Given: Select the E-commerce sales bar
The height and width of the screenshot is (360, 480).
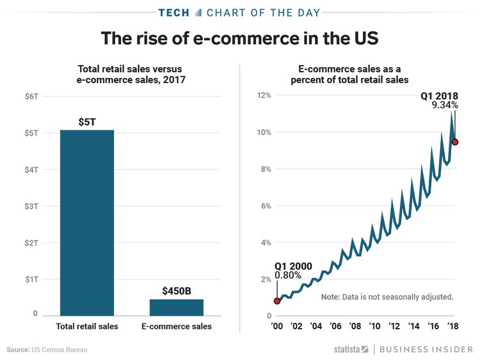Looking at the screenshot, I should coord(176,307).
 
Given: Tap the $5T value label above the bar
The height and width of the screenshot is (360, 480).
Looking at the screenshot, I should coord(87,121).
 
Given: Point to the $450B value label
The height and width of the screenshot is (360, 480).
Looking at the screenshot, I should coord(176,291).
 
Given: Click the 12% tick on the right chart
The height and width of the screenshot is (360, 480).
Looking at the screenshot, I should coord(264,96).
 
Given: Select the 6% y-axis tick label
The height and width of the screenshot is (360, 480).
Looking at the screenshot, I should coord(265,206).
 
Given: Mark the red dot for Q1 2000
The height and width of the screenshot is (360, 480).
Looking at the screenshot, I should coord(277,301).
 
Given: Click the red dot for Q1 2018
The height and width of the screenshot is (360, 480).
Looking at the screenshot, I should coord(454,142).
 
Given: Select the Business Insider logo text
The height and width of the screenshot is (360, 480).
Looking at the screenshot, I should coord(424,349).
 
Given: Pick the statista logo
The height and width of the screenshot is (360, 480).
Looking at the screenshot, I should coord(351,349).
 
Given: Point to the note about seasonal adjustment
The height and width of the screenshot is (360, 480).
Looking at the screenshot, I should coord(387,297).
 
